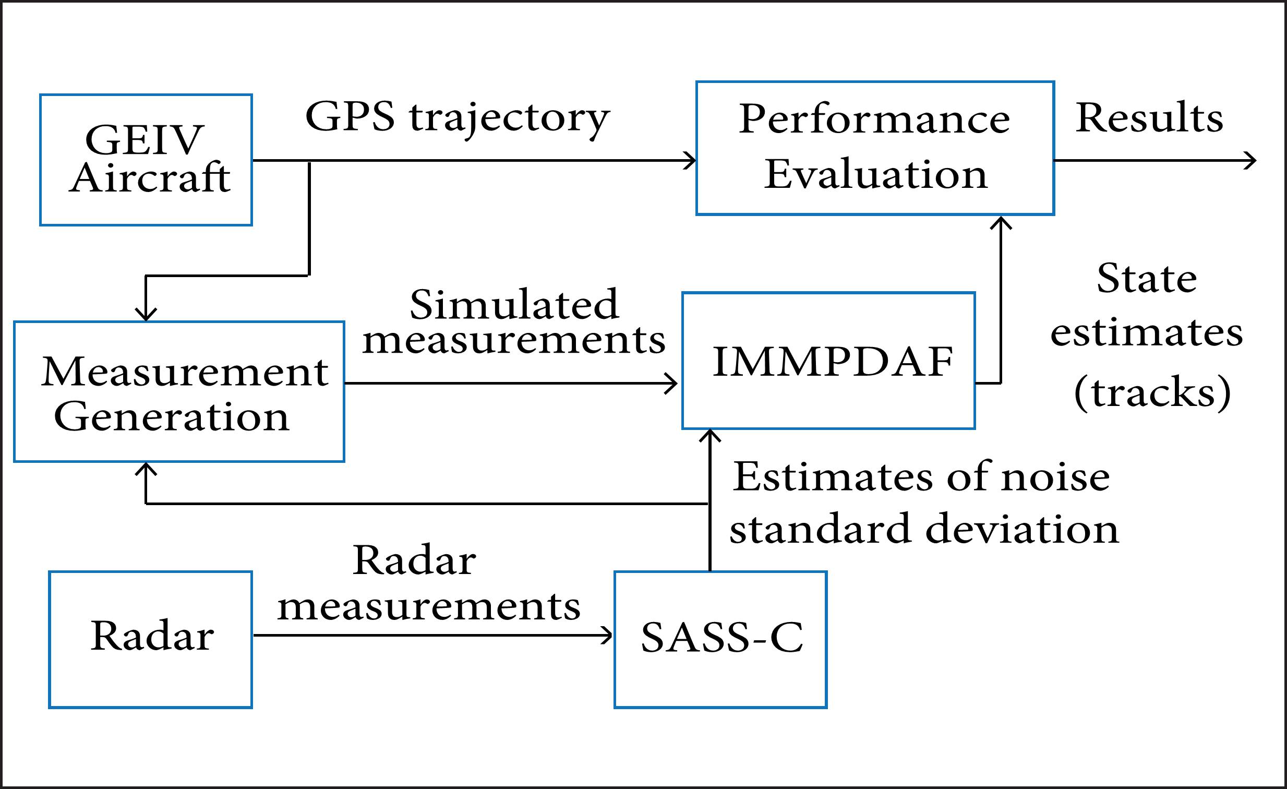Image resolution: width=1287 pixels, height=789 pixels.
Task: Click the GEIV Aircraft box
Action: point(146,160)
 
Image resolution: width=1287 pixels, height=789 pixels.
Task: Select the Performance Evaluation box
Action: point(875,148)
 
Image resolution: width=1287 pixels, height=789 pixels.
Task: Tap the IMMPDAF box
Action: point(828,361)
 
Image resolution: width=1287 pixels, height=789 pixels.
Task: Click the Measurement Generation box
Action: point(179,392)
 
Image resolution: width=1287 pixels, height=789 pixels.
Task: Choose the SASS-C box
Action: point(720,640)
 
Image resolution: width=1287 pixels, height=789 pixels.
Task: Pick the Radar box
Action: point(150,640)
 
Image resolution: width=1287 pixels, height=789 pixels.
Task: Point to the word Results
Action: point(1149,118)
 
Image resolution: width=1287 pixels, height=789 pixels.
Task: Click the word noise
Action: point(1055,477)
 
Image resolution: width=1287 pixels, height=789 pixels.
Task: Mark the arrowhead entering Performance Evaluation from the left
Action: point(691,160)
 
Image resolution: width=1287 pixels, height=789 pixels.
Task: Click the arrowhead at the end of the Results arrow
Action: point(1250,160)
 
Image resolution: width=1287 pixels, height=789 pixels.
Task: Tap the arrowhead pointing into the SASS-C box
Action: point(607,636)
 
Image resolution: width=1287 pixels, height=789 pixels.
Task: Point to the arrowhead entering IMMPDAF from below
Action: point(710,435)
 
